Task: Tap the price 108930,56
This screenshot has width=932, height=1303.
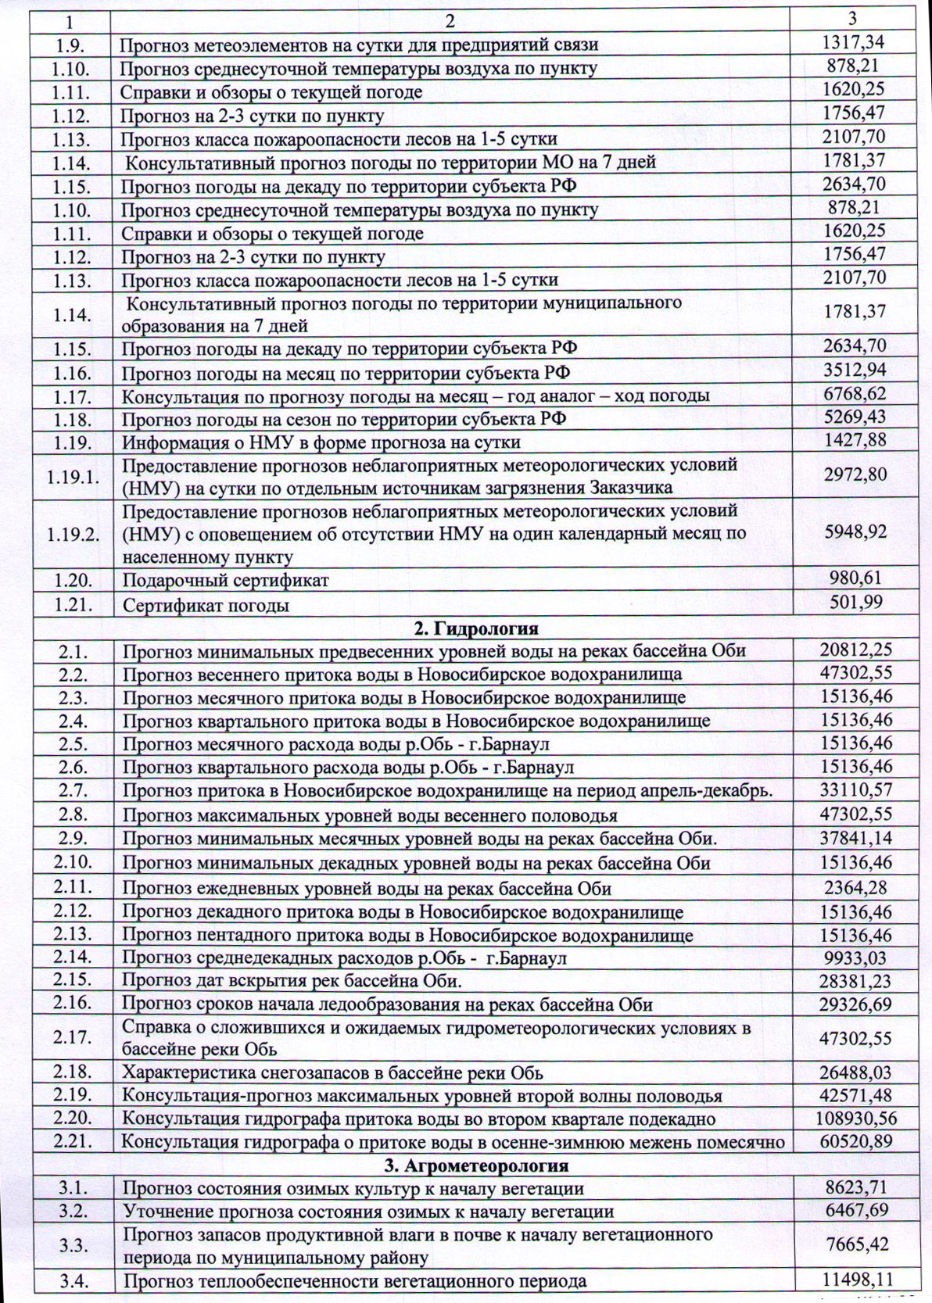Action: click(x=855, y=1119)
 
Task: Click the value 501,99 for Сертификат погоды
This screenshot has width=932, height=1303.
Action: click(x=855, y=604)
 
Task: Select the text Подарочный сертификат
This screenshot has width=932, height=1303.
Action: click(x=225, y=581)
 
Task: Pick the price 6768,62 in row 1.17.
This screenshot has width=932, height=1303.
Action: click(x=855, y=395)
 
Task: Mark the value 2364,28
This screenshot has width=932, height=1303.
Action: click(x=855, y=888)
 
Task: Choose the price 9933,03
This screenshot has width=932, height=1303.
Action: click(x=855, y=958)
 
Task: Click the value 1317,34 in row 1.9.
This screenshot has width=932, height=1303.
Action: click(x=855, y=43)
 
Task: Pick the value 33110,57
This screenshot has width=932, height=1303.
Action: click(x=855, y=790)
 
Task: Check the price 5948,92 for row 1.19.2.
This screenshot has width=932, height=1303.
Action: click(x=855, y=532)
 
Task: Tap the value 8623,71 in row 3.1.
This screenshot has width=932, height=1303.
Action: click(x=855, y=1189)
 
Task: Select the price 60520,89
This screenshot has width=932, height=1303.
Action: click(x=855, y=1142)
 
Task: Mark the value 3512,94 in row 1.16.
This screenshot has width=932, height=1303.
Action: click(x=855, y=370)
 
